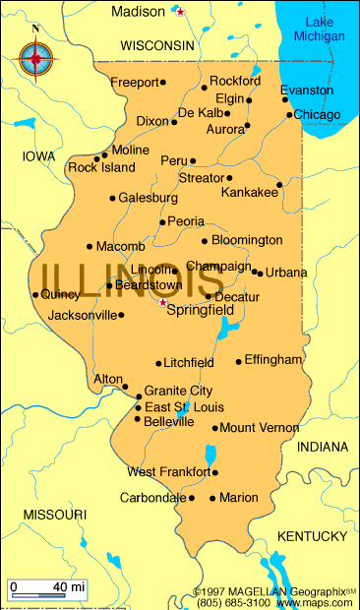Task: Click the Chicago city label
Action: tap(318, 115)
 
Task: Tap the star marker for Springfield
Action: tap(163, 303)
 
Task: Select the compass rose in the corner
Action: tap(36, 58)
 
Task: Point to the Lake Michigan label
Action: tap(320, 29)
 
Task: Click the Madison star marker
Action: tap(180, 12)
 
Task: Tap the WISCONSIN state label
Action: tap(157, 45)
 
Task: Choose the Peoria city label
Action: tap(186, 221)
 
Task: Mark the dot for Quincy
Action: tap(35, 294)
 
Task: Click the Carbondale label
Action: tap(152, 498)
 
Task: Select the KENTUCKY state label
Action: tap(312, 536)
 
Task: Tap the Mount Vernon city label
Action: tap(259, 428)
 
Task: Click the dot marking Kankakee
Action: tap(279, 184)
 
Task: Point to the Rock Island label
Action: tap(101, 167)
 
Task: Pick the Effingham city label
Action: tap(272, 360)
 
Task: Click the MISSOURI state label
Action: tap(55, 515)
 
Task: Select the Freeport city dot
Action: tap(163, 83)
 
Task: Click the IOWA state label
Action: tap(39, 156)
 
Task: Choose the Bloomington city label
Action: tap(247, 240)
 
